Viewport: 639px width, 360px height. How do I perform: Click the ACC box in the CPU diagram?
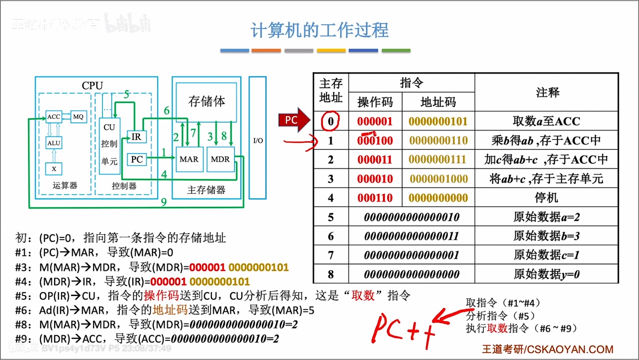(54, 117)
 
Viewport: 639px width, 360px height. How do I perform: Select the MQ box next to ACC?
(78, 117)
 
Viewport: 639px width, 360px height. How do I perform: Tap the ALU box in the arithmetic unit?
(54, 143)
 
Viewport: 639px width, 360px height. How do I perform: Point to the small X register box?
(54, 169)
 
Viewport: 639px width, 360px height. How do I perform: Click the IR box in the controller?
(136, 137)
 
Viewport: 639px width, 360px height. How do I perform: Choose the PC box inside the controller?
(136, 159)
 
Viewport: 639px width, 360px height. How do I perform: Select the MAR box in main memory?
(189, 159)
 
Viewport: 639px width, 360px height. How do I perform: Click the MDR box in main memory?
(220, 159)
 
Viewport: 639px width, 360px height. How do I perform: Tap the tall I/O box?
(258, 138)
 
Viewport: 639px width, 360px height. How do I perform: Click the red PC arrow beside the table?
(293, 121)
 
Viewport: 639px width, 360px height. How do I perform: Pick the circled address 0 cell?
(331, 121)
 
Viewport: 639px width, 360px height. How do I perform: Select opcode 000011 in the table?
(375, 160)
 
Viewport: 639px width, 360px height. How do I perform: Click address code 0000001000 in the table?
(438, 179)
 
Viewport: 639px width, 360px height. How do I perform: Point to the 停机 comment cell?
(546, 198)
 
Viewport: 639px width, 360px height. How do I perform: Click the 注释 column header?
(547, 92)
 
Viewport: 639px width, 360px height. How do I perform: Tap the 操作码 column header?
(375, 102)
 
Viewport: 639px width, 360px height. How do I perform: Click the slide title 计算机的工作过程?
(319, 30)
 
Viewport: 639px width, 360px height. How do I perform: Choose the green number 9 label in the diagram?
(164, 202)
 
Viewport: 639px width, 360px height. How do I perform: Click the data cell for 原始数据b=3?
(411, 236)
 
